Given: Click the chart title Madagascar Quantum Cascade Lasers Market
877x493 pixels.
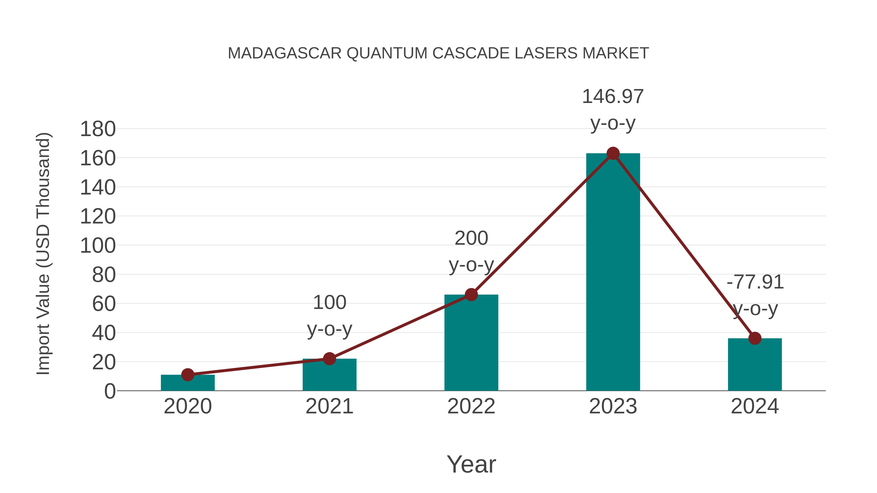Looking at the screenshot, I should [x=438, y=53].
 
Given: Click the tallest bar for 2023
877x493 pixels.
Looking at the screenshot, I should [x=613, y=272].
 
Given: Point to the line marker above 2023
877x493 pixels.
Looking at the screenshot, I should [x=613, y=153].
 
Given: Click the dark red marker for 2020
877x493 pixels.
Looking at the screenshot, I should [x=188, y=375].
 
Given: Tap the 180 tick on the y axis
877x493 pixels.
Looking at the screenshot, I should [x=98, y=129].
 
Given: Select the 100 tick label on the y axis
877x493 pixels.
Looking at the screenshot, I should [x=98, y=246].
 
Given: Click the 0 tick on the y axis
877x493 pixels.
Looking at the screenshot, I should [x=110, y=391].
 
